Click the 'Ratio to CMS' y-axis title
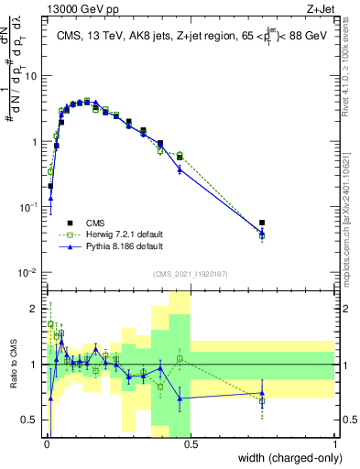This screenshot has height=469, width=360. tap(13, 365)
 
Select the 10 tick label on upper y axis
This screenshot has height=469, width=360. tap(32, 76)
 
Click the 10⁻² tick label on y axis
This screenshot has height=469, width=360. tap(29, 273)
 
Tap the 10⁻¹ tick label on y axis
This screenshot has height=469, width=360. tap(29, 208)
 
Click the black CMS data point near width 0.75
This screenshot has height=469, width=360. tap(262, 223)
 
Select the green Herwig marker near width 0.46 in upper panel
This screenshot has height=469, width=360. tap(180, 156)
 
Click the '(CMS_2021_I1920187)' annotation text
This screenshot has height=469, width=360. tap(190, 274)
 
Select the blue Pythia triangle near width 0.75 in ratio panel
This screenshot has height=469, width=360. tap(262, 393)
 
